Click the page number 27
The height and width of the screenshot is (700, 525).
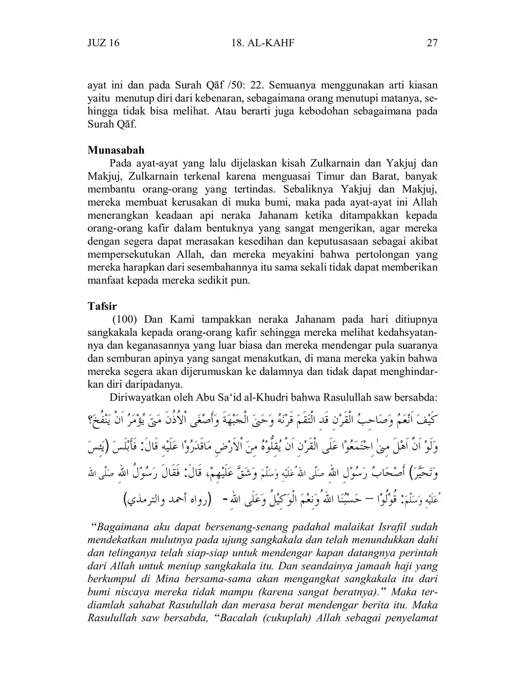(432, 43)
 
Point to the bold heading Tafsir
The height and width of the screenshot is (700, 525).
(102, 306)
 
